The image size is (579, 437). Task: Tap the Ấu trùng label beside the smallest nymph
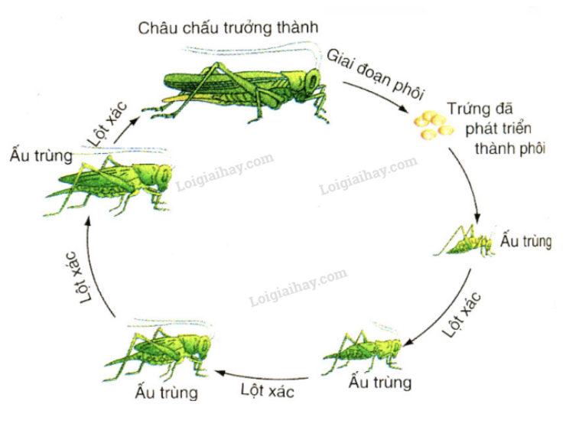(525, 242)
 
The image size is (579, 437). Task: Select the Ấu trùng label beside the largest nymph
(41, 155)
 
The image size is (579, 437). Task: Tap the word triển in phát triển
(528, 128)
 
